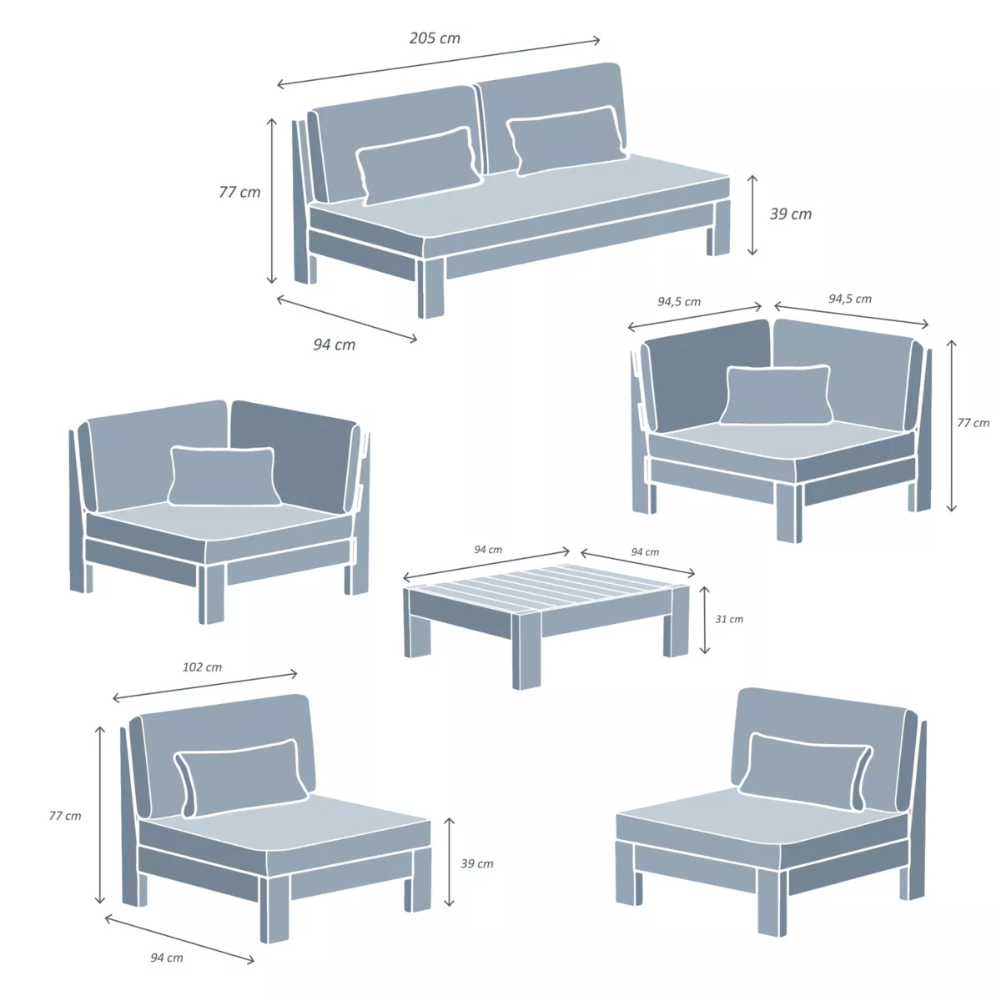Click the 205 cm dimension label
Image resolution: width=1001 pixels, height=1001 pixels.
435,38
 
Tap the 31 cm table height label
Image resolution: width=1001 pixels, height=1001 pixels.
729,619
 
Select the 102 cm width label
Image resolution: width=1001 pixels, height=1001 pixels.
202,667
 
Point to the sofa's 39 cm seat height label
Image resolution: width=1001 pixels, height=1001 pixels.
790,214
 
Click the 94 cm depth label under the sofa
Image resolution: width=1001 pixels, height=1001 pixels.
334,345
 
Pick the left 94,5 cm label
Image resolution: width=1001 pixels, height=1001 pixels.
679,302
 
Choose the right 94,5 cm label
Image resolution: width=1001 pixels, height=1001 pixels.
850,299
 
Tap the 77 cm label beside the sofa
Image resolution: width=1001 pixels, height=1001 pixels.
239,192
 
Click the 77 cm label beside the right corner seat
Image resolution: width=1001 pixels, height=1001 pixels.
973,423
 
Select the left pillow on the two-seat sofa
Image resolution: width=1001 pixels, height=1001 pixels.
418,165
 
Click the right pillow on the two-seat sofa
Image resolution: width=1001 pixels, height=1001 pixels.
566,140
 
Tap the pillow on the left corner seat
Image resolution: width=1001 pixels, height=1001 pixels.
224,475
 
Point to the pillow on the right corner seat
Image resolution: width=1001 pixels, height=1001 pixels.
777,395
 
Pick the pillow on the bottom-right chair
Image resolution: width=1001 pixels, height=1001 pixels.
806,771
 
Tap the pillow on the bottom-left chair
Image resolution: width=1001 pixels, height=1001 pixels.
241,777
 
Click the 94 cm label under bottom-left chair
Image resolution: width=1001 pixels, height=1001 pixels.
167,958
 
